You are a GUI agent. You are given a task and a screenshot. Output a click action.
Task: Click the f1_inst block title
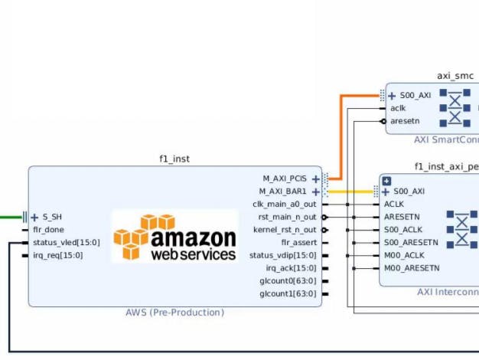click(174, 159)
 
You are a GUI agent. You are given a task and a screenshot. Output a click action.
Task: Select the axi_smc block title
click(455, 76)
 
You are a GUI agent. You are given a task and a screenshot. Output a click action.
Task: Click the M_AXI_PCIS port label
click(284, 178)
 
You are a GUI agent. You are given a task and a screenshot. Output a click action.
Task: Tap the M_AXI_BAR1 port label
click(282, 191)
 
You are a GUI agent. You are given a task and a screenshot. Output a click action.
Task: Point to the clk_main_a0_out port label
click(284, 205)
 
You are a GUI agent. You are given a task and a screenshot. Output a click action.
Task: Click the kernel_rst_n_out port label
click(284, 230)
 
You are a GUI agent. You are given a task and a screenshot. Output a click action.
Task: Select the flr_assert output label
click(298, 243)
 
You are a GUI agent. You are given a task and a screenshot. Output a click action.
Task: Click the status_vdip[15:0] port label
click(282, 255)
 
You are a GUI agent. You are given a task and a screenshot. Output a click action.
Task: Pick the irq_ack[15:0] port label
click(291, 268)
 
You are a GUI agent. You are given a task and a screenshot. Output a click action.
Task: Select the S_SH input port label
click(51, 217)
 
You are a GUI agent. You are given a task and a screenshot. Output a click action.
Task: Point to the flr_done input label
click(48, 230)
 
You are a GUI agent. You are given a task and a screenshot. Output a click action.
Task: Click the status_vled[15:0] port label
click(64, 243)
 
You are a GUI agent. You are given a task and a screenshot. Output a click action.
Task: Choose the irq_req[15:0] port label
click(57, 255)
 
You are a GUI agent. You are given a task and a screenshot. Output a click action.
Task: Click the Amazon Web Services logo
click(175, 237)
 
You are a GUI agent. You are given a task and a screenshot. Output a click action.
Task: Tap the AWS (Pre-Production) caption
click(174, 313)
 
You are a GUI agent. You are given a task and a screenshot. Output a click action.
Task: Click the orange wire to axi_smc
click(341, 138)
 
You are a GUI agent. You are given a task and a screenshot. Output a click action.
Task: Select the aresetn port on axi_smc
click(405, 121)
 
